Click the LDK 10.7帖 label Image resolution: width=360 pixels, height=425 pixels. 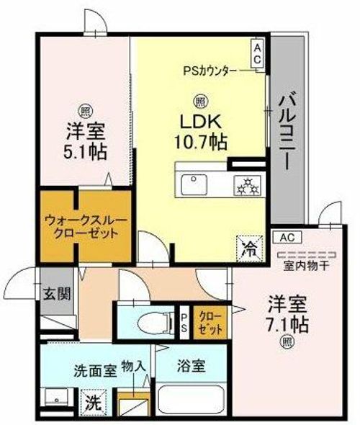(201, 132)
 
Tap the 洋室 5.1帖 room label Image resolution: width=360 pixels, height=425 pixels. (85, 141)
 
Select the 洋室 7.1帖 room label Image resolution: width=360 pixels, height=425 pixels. (287, 314)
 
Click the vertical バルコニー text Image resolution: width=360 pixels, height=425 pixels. (287, 133)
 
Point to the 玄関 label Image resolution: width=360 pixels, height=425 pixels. (57, 294)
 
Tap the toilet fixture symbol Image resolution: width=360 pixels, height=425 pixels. (156, 322)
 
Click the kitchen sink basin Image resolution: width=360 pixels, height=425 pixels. (194, 184)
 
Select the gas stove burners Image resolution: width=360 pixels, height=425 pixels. (247, 186)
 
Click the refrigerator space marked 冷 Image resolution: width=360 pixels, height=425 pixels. (250, 249)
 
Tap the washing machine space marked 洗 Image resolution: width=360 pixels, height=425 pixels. (94, 403)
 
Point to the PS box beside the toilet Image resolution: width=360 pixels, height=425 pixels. (184, 323)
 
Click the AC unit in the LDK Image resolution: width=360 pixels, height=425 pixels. (257, 54)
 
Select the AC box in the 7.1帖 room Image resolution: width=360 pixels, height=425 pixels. (287, 238)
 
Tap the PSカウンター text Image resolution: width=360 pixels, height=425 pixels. (210, 71)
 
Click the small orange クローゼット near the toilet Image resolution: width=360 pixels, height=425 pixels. (210, 323)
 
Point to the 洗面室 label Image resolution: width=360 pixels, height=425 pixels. (95, 371)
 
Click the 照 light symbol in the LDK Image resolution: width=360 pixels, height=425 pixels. (201, 102)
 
